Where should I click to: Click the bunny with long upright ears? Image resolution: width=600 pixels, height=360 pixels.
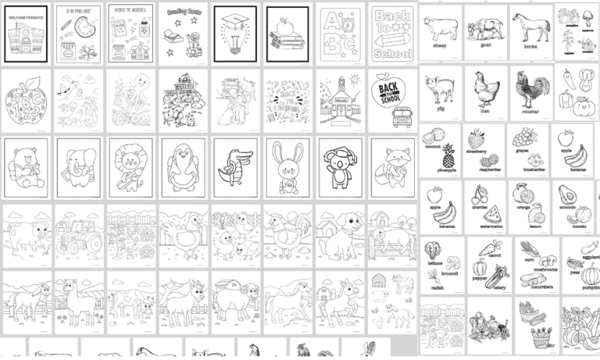(x=285, y=166)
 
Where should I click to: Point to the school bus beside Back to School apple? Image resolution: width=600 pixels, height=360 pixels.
(x=399, y=118)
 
